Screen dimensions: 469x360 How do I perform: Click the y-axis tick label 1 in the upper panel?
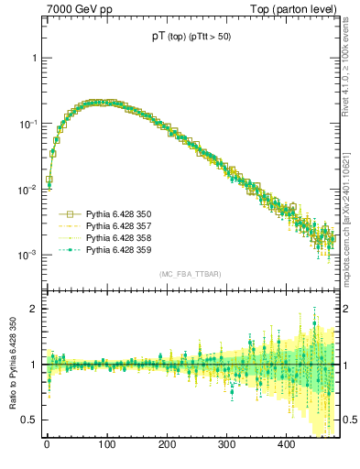[35, 58]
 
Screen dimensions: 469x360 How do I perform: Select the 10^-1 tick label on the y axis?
[29, 124]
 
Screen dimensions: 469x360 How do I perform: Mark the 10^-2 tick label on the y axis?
[29, 190]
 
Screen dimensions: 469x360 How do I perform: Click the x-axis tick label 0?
[47, 444]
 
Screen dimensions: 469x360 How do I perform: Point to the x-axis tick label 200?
[167, 444]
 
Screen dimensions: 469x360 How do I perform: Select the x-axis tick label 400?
[286, 444]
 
